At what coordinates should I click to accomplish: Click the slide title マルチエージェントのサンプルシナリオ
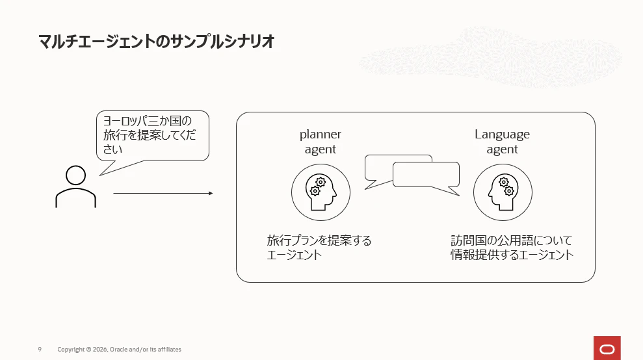pos(156,42)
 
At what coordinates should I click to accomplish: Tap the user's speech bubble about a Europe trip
pos(153,136)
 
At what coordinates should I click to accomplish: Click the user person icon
pos(76,186)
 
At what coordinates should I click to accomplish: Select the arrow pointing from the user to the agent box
pos(163,193)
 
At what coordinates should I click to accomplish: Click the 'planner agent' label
pos(321,142)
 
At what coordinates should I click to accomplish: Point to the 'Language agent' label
pos(503,142)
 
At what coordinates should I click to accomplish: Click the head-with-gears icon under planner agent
pos(321,192)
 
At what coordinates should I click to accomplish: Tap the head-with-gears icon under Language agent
pos(503,192)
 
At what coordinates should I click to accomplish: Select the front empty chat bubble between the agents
pos(426,175)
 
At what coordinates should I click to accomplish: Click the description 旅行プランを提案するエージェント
pos(319,247)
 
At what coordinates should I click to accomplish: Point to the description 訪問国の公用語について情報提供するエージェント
pos(512,247)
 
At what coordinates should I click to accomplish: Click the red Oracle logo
pos(607,348)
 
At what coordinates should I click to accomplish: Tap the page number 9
pos(40,350)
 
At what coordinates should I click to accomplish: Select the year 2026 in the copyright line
pos(100,350)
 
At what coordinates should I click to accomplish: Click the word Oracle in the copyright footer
pos(118,350)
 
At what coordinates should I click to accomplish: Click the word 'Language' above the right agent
pos(503,135)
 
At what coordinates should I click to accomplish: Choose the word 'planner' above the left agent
pos(321,135)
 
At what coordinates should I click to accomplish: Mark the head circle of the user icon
pos(76,175)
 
